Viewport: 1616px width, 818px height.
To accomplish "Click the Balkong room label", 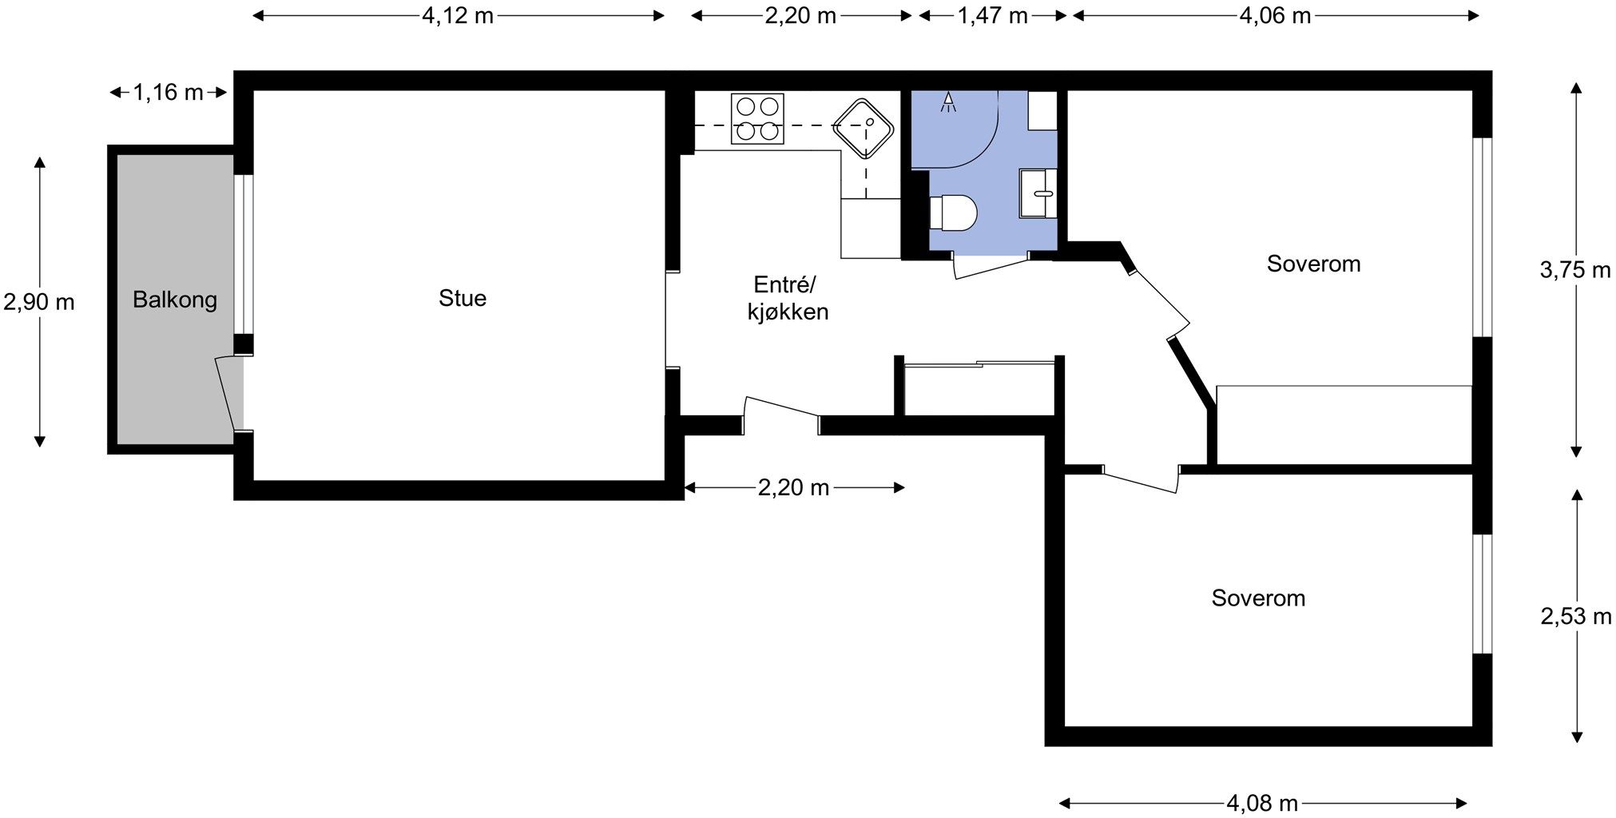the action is point(175,300).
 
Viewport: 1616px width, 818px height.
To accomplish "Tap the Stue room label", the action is point(463,298).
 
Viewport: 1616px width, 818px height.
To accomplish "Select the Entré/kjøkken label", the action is point(788,298).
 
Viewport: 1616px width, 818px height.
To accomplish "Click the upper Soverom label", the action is point(1313,264).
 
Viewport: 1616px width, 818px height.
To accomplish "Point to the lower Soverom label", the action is point(1258,598).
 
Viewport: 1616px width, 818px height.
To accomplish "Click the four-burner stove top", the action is point(757,118).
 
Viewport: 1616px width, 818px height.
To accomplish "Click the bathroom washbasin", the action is point(1038,193).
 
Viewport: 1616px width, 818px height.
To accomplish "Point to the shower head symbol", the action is point(949,101).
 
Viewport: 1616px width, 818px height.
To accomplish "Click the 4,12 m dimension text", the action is point(458,15).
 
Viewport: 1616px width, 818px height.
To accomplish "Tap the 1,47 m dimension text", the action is point(992,15).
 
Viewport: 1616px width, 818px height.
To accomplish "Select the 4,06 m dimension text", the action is point(1276,15).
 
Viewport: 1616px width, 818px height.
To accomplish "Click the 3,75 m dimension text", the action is point(1575,270).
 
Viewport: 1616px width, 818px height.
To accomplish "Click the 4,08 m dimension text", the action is point(1262,802).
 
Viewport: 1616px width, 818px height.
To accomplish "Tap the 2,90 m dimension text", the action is point(39,302).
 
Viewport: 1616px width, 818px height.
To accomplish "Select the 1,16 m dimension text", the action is point(168,93).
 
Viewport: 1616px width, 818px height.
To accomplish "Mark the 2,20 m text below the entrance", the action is point(794,487).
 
